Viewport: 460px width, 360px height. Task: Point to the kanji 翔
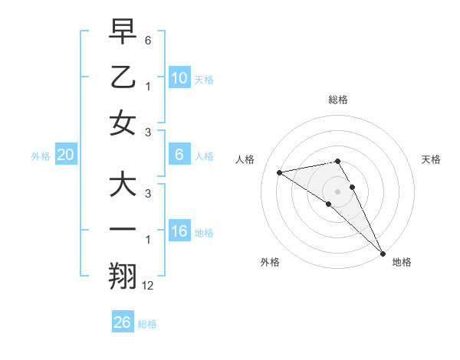[123, 277]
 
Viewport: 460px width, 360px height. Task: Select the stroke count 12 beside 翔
[148, 286]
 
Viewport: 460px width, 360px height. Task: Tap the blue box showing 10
[179, 77]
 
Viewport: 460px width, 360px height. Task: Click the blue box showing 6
[179, 155]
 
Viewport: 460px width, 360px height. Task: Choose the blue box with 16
[179, 231]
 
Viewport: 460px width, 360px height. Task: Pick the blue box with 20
[66, 155]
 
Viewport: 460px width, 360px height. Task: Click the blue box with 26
[122, 322]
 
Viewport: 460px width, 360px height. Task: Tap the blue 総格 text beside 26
[147, 324]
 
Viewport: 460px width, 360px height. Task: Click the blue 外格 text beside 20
[41, 156]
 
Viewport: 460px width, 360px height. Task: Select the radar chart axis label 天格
[431, 159]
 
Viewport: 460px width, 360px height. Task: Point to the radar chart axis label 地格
[402, 262]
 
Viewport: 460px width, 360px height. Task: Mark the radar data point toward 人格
[279, 172]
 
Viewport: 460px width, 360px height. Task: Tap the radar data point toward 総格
[337, 161]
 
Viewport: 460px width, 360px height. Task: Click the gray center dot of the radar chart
[337, 191]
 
